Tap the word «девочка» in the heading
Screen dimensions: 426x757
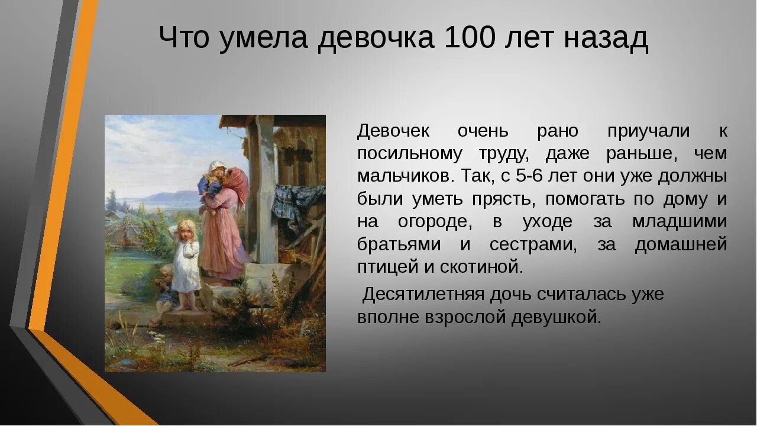point(376,39)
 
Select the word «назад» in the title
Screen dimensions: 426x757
point(606,39)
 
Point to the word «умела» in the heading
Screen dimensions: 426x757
point(265,39)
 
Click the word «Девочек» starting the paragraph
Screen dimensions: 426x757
point(393,131)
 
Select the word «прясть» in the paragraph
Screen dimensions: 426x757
point(503,199)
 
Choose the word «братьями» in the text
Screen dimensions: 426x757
point(399,244)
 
